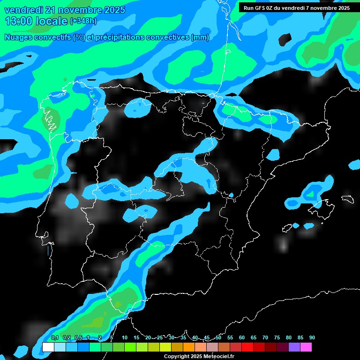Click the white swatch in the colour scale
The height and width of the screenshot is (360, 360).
click(x=48, y=347)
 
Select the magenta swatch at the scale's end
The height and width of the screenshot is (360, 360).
click(x=306, y=347)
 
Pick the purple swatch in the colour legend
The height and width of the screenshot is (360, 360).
click(x=294, y=347)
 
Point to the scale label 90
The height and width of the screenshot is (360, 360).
click(x=312, y=337)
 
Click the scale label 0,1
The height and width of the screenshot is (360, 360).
click(x=54, y=337)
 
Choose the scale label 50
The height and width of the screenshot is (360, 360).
click(x=218, y=337)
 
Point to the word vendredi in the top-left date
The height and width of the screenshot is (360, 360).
click(x=22, y=10)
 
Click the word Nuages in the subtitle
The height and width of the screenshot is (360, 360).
click(x=17, y=37)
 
